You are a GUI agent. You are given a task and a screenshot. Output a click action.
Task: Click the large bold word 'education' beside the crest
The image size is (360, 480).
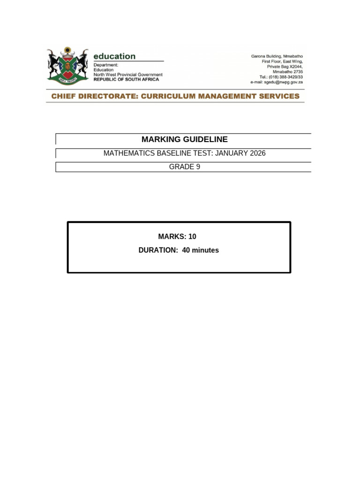[114, 56]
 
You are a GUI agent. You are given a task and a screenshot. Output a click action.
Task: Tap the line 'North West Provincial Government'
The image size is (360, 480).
[128, 75]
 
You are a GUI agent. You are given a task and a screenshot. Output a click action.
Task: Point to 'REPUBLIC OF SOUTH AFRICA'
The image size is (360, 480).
[126, 80]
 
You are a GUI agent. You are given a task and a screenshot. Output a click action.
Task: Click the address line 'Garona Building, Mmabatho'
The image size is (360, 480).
[277, 56]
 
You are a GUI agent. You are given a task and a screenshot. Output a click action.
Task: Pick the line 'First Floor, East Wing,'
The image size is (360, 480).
[283, 61]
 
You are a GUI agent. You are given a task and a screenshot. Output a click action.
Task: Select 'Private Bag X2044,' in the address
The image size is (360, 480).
[285, 67]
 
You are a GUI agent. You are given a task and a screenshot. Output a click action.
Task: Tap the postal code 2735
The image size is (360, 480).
[297, 72]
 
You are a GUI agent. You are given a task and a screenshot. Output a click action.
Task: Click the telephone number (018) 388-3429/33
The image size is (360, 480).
[287, 77]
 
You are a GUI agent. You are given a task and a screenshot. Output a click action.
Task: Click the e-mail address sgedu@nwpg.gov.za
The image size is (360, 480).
[287, 82]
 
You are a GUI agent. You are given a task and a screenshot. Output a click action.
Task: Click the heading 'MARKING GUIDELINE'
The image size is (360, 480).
[185, 139]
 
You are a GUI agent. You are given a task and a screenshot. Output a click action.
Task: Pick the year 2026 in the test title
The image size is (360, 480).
[258, 153]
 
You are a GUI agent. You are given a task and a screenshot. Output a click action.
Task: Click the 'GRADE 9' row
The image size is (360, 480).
[185, 166]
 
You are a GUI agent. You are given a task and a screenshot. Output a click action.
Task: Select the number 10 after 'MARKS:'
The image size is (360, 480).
[192, 237]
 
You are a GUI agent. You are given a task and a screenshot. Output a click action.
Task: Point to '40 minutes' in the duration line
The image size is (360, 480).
[201, 250]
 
